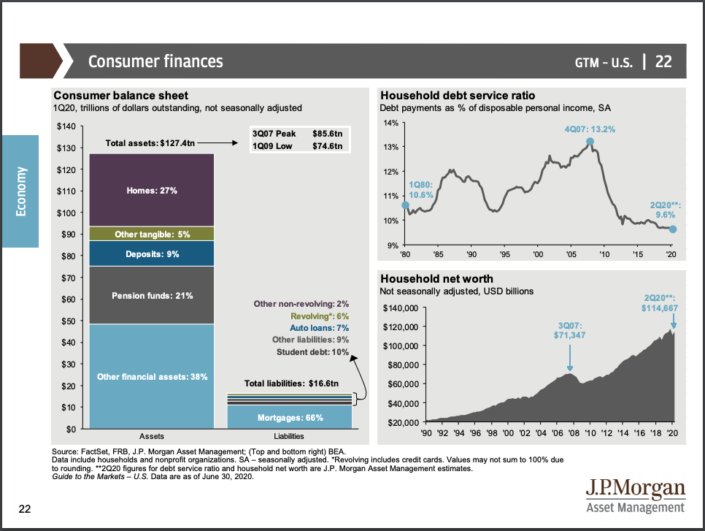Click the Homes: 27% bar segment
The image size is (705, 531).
(152, 190)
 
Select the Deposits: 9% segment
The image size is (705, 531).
(152, 254)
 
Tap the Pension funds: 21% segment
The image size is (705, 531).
(152, 295)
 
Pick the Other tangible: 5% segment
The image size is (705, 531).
(152, 234)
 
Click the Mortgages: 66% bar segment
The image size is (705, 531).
(290, 418)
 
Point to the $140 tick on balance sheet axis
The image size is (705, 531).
(66, 127)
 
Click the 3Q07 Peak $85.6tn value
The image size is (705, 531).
(327, 134)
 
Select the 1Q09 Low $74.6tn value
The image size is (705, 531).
(327, 146)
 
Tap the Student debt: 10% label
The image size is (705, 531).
(312, 352)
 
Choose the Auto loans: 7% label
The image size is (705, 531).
(319, 327)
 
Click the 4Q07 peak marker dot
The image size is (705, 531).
(590, 142)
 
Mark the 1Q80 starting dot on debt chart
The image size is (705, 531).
(406, 205)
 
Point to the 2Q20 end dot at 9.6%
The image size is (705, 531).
(672, 229)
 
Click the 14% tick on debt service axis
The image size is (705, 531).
(390, 123)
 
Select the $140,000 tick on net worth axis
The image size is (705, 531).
(400, 307)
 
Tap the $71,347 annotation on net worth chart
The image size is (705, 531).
(570, 335)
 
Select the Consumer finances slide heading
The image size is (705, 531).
(155, 61)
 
